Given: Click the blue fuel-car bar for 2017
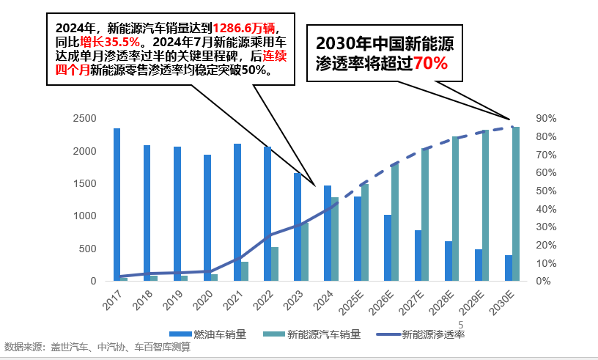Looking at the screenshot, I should point(117,205).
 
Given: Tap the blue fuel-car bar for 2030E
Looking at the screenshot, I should point(508,268).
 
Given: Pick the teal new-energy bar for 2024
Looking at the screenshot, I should point(335,239).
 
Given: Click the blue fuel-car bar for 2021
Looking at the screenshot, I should point(237,212).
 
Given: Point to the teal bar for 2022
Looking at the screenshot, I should point(275,264).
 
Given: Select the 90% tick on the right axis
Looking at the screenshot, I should point(547,119).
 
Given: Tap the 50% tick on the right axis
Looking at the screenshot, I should point(547,191).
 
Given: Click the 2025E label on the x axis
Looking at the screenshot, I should point(355,301).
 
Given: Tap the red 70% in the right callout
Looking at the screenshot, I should point(430,63).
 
